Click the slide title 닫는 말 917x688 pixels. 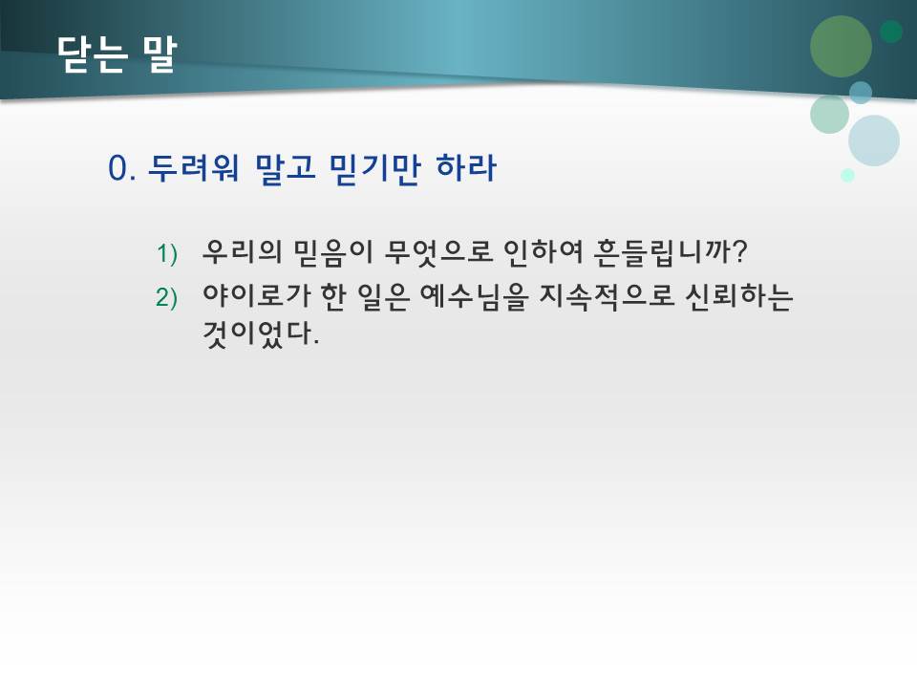117,54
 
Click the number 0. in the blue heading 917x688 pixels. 124,169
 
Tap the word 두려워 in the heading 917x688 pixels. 197,169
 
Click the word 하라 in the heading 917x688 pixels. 465,169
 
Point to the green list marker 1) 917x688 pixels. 167,254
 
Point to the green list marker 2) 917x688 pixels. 167,299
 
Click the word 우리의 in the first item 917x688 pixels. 241,252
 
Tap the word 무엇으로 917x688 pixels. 435,252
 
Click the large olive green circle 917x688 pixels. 841,47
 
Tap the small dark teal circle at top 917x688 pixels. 891,32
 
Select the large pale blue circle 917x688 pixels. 873,140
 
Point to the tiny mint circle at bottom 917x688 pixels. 847,175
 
